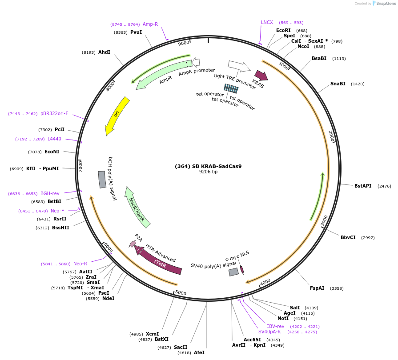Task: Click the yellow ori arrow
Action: tap(117, 116)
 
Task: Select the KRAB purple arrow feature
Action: tap(261, 75)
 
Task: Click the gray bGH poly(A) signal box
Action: tap(102, 179)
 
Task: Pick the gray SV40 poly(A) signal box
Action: tap(234, 272)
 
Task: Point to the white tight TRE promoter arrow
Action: tap(239, 67)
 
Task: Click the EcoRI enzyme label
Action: tap(283, 31)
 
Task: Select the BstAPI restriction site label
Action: tap(363, 186)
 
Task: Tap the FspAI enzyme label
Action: tap(317, 288)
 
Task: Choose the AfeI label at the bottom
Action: tap(199, 352)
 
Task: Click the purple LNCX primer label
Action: tap(267, 22)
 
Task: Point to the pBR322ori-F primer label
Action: tap(54, 113)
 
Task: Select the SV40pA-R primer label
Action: tap(269, 332)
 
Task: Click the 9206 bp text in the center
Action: tap(208, 172)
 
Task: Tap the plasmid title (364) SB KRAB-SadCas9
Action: tap(208, 166)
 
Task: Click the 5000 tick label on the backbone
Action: tap(181, 292)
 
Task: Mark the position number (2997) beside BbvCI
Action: tap(368, 237)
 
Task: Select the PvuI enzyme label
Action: tap(136, 32)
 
